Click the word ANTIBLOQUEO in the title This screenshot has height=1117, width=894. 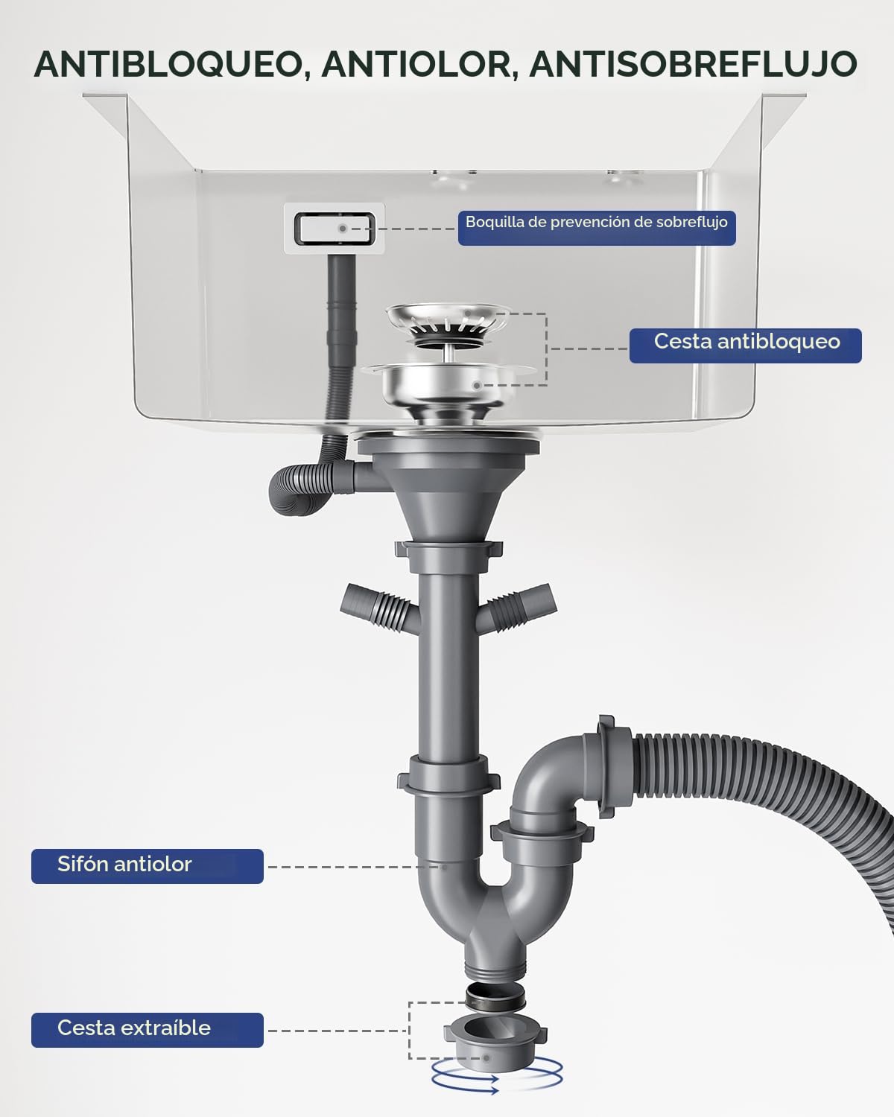click(169, 65)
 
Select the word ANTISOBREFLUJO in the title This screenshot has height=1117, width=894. click(694, 65)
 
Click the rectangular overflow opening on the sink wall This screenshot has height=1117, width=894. click(334, 229)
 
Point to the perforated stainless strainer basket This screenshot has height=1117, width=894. click(447, 322)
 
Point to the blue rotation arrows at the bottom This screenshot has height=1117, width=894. click(496, 1080)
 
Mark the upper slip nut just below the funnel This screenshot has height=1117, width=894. click(448, 554)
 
